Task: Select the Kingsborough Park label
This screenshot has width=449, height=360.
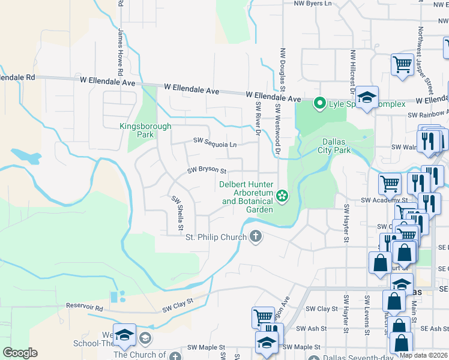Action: click(x=145, y=130)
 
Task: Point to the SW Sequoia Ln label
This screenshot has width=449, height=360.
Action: click(x=215, y=141)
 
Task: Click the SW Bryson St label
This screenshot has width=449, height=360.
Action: click(x=206, y=170)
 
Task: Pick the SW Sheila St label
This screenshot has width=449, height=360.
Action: click(x=176, y=213)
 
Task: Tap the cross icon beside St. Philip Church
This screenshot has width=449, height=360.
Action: click(x=256, y=236)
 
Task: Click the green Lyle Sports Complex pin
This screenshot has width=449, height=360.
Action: click(x=320, y=104)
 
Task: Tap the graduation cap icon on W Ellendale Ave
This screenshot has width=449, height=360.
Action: click(x=366, y=96)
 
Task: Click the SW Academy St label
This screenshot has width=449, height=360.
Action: click(x=384, y=200)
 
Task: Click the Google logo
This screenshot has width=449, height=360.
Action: click(x=19, y=353)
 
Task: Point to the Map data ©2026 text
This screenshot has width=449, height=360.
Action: click(x=423, y=355)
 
